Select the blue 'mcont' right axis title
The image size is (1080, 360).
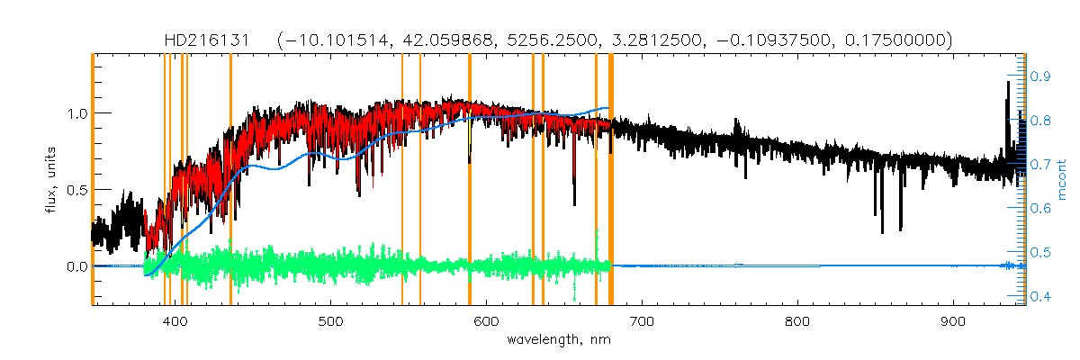click(1063, 180)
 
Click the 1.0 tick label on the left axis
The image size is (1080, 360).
click(75, 113)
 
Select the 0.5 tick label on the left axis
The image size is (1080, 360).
click(75, 190)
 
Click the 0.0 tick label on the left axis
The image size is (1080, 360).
click(75, 266)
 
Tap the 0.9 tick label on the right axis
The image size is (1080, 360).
click(1040, 76)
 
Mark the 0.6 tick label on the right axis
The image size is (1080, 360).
click(1040, 208)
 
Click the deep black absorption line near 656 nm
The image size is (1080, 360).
click(574, 180)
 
